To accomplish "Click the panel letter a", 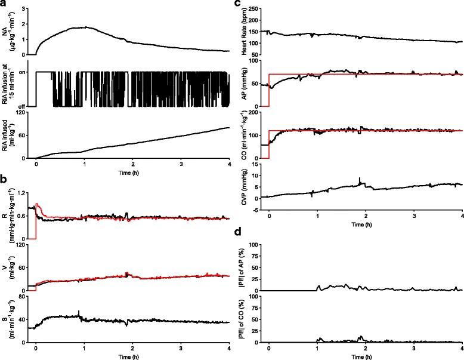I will pyautogui.click(x=4, y=4).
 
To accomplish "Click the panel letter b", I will pyautogui.click(x=4, y=178).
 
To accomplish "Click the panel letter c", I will pyautogui.click(x=237, y=4).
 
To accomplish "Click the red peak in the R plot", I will pyautogui.click(x=38, y=204).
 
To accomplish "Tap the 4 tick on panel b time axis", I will pyautogui.click(x=230, y=348).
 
